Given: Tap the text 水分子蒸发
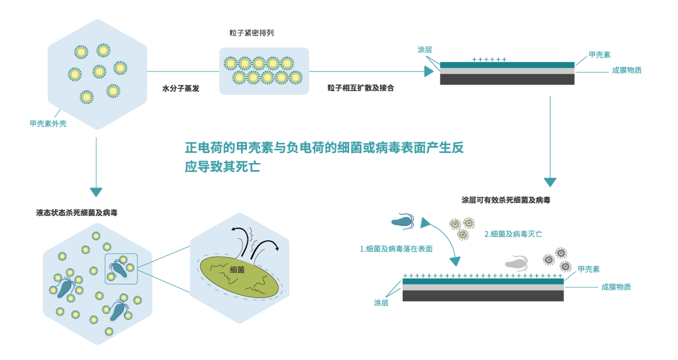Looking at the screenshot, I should click(x=181, y=88).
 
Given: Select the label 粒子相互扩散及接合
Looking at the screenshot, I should click(x=360, y=88).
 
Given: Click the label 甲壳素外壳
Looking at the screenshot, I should click(x=48, y=124).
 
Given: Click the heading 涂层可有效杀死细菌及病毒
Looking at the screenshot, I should click(x=506, y=200).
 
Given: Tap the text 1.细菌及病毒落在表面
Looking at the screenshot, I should click(x=396, y=249).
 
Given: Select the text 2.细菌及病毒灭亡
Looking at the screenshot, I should click(x=513, y=233).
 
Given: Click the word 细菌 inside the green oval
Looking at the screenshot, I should click(x=237, y=269).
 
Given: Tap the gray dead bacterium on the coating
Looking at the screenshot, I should click(x=516, y=262).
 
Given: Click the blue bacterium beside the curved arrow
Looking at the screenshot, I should click(x=404, y=220).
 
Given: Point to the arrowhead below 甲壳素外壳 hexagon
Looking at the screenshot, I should click(x=96, y=192).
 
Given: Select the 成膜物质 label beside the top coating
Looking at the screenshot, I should click(x=627, y=70).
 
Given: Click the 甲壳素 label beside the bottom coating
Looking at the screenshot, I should click(x=588, y=269).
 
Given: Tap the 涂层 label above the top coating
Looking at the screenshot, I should click(x=424, y=50).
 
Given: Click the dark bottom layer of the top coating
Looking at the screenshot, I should click(x=507, y=79).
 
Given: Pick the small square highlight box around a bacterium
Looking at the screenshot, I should click(x=121, y=268).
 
